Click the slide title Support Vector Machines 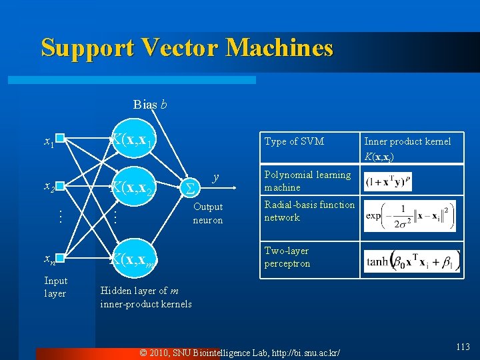tap(187, 47)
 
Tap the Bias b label tap(150, 104)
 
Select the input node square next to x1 tap(60, 139)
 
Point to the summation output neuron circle tap(189, 188)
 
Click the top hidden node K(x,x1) tap(133, 139)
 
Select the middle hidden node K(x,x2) tap(133, 187)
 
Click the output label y tap(215, 177)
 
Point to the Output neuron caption tap(208, 213)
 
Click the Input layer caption tap(55, 287)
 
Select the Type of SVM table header tap(294, 141)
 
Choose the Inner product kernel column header tap(407, 149)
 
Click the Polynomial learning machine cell tap(307, 181)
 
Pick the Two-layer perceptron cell tap(287, 257)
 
